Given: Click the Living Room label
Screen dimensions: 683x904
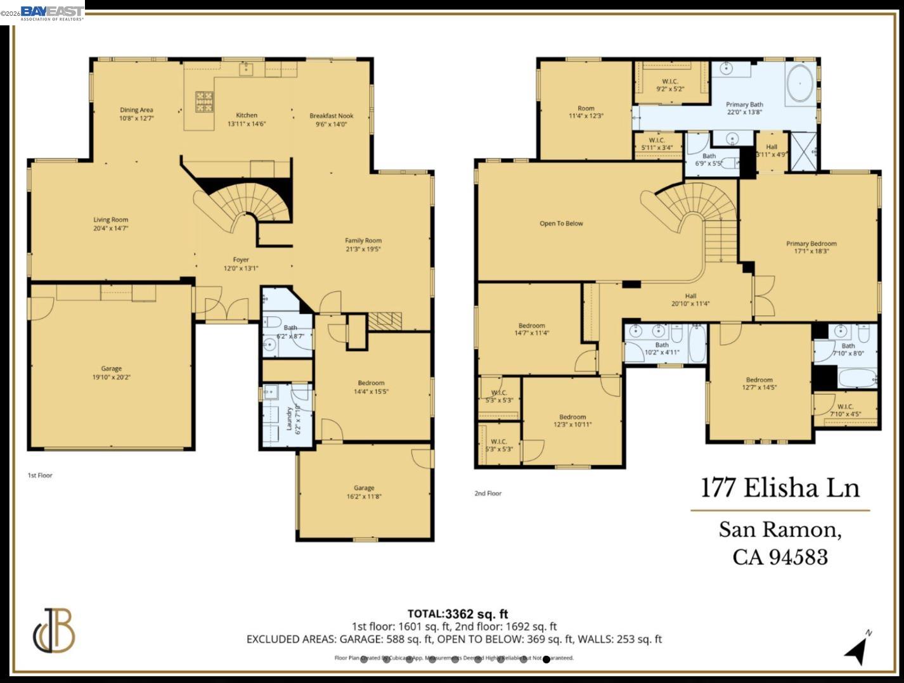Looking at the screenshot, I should click(111, 220).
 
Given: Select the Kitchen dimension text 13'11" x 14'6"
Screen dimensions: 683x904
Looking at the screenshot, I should click(247, 124).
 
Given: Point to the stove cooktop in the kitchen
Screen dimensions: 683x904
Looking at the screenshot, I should click(204, 102).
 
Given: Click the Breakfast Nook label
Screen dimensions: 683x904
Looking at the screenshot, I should click(331, 116).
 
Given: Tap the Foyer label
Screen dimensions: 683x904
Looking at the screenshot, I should click(241, 260).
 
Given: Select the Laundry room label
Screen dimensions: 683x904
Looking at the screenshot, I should click(289, 419).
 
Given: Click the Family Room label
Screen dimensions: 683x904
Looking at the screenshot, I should click(363, 240).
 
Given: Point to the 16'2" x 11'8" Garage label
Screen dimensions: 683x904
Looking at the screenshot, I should click(364, 492).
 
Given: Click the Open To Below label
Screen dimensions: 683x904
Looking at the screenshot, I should click(561, 224).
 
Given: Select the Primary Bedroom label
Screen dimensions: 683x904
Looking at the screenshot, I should click(811, 243).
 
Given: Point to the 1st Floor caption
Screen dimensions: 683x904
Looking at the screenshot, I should click(40, 475).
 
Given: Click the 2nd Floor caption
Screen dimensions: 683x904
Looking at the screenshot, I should click(488, 493).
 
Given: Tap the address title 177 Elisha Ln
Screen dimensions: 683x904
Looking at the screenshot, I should click(780, 488).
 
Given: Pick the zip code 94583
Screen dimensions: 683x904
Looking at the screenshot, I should click(798, 557).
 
